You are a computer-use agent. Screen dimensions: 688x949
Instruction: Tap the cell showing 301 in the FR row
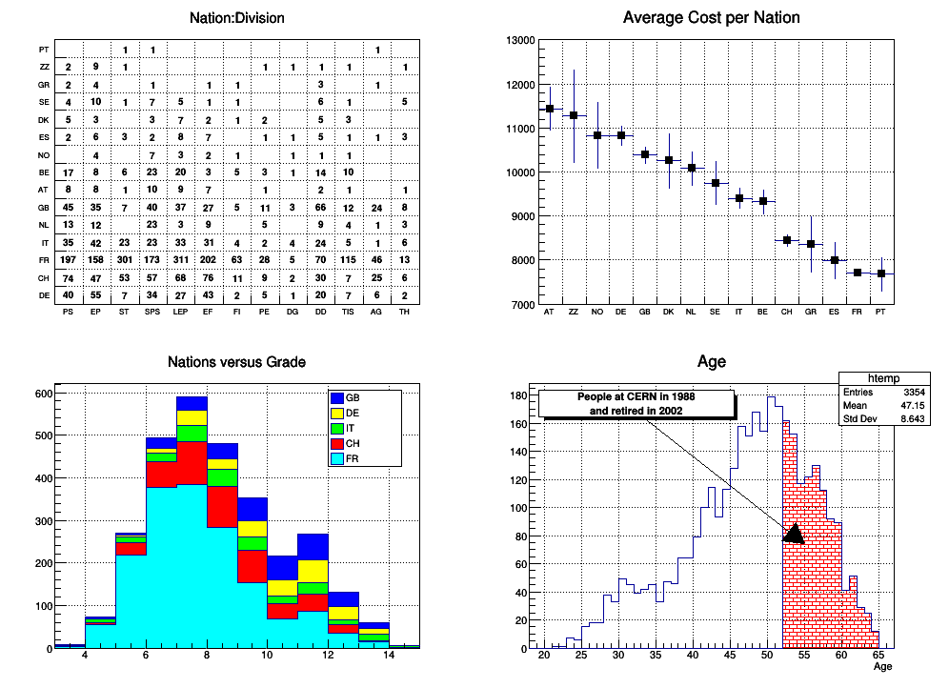[125, 259]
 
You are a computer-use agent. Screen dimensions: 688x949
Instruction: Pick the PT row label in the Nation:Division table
[44, 50]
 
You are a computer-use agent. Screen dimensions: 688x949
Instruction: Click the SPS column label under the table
[152, 312]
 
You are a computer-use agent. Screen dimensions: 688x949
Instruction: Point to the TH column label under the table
[405, 312]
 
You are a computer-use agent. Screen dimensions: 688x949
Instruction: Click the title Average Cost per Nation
[711, 18]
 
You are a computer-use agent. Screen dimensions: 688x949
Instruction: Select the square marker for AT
[549, 109]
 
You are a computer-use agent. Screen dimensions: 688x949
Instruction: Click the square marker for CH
[787, 240]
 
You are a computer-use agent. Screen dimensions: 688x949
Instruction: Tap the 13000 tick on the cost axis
[519, 40]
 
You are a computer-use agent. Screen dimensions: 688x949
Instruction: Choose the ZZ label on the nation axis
[573, 312]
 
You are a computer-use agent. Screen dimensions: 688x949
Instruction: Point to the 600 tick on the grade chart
[42, 394]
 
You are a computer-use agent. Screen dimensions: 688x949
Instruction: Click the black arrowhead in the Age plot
[794, 534]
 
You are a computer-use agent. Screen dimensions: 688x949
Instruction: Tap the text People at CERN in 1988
[636, 396]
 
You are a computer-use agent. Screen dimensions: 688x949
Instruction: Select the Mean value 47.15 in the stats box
[916, 404]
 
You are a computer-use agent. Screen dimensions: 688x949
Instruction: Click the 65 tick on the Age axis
[878, 657]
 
